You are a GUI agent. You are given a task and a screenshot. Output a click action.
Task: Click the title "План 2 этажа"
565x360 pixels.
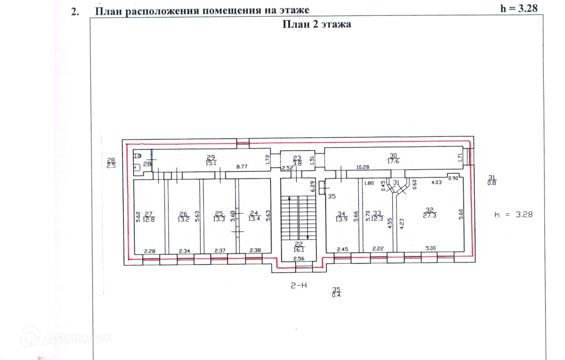coord(317,24)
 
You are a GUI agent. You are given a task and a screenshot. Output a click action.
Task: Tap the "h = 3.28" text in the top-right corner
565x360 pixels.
coord(519,8)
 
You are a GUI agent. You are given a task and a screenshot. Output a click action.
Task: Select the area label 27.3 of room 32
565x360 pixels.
coord(430,215)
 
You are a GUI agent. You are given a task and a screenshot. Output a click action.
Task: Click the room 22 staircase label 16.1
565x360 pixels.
coord(299,250)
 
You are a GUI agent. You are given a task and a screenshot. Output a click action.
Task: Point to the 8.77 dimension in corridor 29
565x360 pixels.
coord(242,166)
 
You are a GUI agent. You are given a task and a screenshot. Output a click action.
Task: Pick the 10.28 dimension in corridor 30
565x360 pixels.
coord(362,167)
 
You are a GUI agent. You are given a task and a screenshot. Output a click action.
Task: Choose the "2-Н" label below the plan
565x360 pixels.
coord(299,286)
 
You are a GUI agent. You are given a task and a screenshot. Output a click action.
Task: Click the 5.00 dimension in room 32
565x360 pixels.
coord(431,248)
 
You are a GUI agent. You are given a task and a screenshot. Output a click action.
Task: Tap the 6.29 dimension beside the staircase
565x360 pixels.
coord(313,186)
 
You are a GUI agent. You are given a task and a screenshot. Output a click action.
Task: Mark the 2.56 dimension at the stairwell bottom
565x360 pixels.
coord(299,258)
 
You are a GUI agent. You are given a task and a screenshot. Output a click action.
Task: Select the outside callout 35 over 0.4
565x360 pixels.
coord(336,292)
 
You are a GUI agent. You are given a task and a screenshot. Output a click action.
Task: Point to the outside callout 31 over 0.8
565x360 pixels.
coord(492,180)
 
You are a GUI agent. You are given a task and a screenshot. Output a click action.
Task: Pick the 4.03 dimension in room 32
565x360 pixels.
coord(436,182)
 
